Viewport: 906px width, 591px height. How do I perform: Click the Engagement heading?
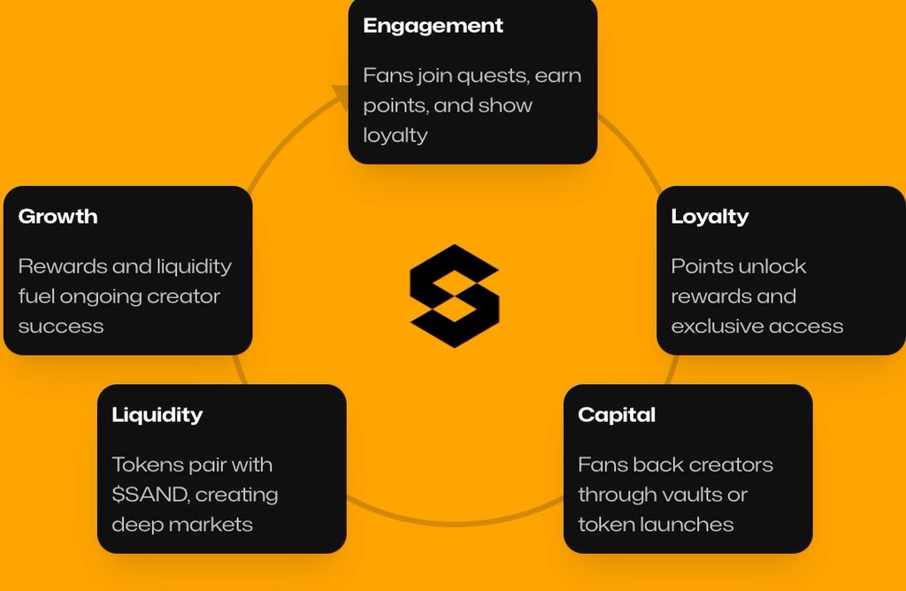click(x=433, y=26)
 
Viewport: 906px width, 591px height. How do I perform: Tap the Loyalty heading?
click(x=710, y=217)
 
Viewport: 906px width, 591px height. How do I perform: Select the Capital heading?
click(x=617, y=415)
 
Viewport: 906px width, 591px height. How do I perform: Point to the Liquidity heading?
click(x=157, y=415)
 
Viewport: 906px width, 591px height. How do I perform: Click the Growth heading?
click(x=58, y=217)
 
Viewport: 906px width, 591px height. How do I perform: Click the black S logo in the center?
click(x=454, y=295)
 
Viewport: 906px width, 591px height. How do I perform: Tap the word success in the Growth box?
click(x=61, y=326)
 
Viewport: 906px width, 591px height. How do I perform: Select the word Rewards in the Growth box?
click(x=58, y=266)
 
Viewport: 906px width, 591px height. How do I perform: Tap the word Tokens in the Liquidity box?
click(x=144, y=464)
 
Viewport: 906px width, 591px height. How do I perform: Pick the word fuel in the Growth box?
click(x=35, y=296)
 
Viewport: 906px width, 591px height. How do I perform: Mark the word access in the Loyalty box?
click(x=808, y=326)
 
